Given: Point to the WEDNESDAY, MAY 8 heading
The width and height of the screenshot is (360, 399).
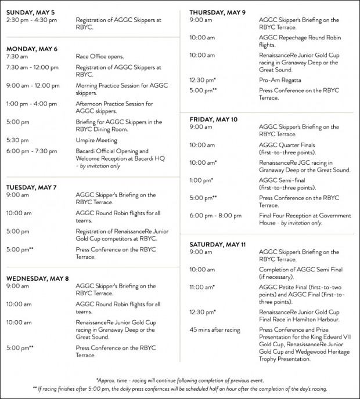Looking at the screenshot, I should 38,278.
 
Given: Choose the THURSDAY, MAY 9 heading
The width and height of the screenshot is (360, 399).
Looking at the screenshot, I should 217,12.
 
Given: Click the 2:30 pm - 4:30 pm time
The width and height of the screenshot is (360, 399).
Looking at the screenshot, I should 31,20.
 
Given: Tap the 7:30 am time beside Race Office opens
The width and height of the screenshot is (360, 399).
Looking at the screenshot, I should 17,57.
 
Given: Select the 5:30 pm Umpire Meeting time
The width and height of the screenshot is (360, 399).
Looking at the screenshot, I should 17,140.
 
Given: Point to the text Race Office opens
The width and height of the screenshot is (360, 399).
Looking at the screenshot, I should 100,57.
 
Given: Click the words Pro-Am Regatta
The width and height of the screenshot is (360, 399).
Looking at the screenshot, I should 280,80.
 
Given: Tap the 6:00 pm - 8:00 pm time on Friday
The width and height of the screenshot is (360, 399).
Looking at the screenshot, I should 215,216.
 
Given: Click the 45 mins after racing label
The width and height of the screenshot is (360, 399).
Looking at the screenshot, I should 215,330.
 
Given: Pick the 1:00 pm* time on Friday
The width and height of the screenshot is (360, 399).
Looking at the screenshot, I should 201,180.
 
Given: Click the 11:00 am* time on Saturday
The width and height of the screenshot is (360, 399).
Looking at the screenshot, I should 202,286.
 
